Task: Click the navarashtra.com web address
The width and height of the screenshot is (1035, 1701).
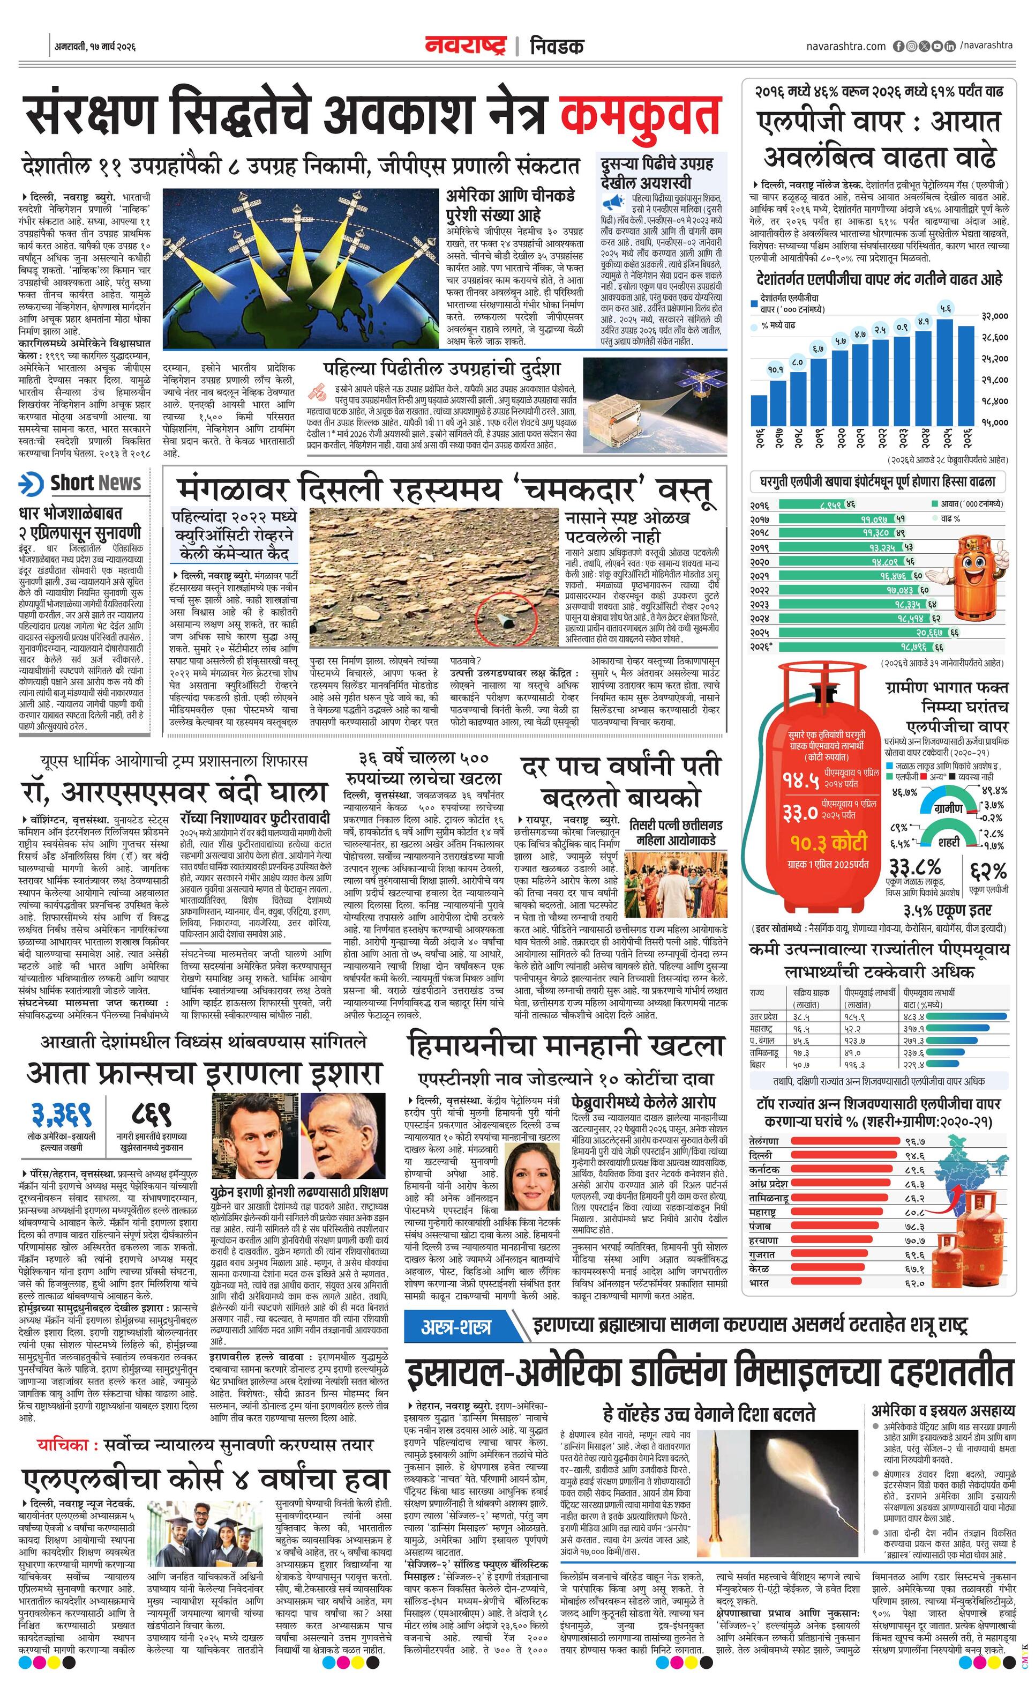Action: pos(845,46)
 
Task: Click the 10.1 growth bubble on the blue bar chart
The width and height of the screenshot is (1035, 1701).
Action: pos(776,369)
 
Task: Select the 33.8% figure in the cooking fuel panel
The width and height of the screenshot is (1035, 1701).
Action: pos(916,866)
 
